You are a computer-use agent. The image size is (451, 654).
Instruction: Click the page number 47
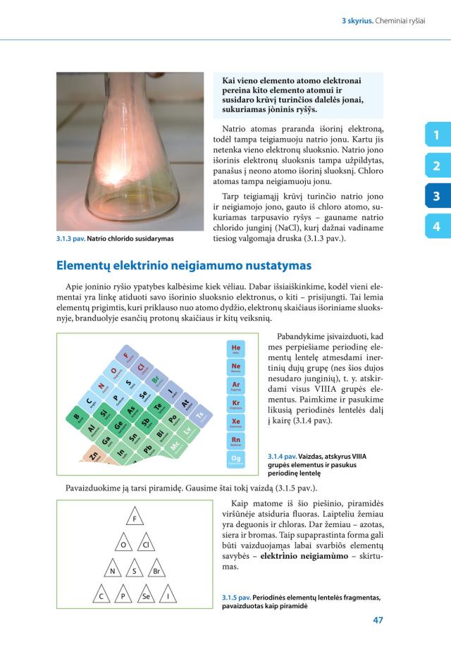tap(376, 621)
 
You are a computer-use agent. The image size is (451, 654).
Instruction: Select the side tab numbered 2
tap(437, 166)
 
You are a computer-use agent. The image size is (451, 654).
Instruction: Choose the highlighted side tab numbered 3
tap(437, 196)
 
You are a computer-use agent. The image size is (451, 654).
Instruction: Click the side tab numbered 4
tap(437, 226)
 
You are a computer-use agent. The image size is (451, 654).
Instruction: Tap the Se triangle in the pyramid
tap(146, 597)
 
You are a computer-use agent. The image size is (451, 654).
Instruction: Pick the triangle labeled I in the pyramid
tap(168, 597)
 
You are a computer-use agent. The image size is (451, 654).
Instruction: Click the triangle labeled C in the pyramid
tap(101, 597)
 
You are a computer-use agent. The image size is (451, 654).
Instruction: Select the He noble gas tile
tap(236, 350)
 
